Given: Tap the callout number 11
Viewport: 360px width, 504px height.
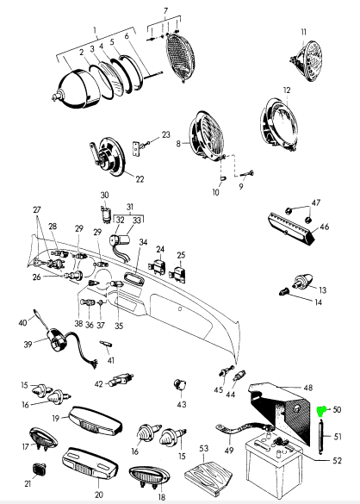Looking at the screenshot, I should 303,32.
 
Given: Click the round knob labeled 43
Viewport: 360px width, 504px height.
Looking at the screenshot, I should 181,383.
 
